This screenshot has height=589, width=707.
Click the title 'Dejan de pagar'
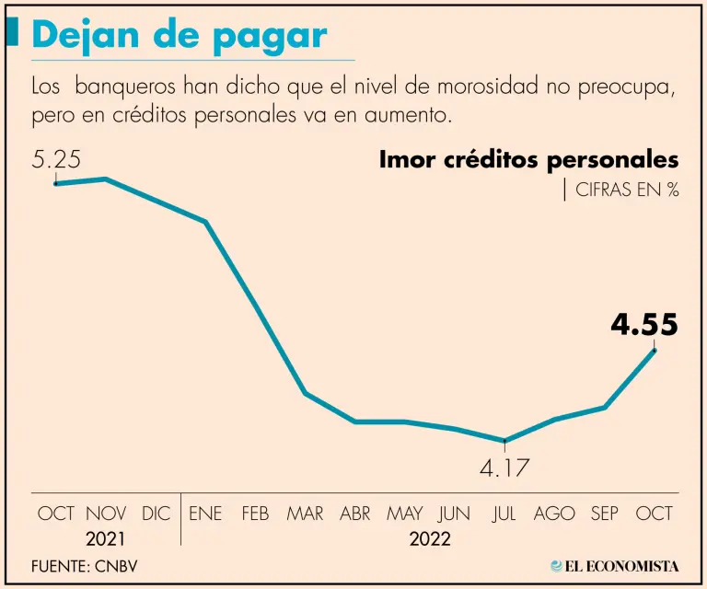click(x=180, y=36)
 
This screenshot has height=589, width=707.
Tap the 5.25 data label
click(x=57, y=159)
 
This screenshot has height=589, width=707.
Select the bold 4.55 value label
click(x=644, y=325)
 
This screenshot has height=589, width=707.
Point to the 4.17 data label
click(x=504, y=468)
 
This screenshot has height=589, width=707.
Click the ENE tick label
click(x=205, y=514)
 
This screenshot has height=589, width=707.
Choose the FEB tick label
click(x=255, y=514)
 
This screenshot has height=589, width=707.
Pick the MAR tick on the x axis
click(x=305, y=514)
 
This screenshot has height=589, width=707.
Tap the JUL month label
click(x=504, y=514)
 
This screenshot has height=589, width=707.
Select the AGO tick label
click(x=554, y=514)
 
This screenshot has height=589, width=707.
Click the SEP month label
click(x=604, y=514)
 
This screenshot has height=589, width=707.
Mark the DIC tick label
click(x=156, y=514)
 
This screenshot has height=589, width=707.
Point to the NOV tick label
click(x=106, y=514)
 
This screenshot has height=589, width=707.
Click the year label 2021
click(x=106, y=538)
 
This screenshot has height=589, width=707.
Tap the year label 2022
click(x=430, y=538)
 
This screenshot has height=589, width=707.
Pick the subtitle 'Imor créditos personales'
click(x=528, y=159)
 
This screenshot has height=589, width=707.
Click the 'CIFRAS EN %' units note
click(x=626, y=191)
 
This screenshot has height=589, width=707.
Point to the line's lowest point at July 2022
click(x=504, y=441)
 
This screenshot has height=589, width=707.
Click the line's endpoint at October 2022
click(x=655, y=350)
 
